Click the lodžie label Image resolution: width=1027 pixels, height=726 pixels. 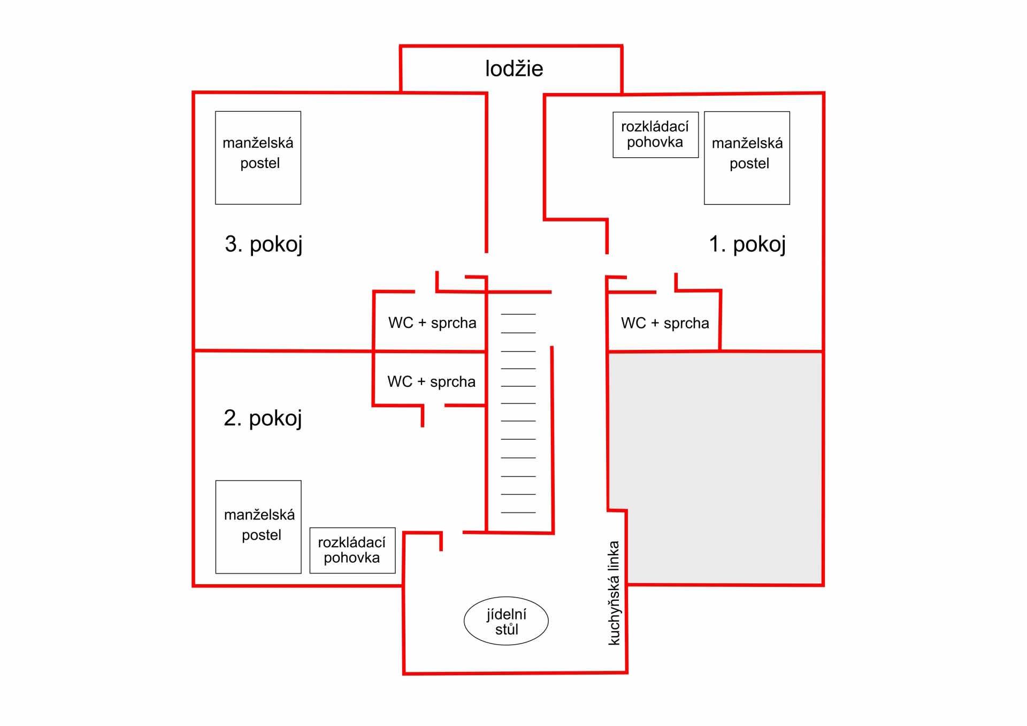(x=514, y=68)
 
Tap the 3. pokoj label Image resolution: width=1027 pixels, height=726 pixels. (x=264, y=244)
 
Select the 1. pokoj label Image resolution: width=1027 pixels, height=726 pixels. (x=747, y=244)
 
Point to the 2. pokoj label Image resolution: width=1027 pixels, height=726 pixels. (x=263, y=418)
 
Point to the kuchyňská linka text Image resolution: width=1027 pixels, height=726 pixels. (x=614, y=593)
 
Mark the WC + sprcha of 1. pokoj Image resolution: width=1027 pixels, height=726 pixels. (x=665, y=323)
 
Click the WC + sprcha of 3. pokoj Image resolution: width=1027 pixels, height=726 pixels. (x=432, y=323)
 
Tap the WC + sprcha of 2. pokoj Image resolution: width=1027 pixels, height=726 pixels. (x=431, y=381)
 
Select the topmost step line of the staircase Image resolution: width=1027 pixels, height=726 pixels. (x=518, y=314)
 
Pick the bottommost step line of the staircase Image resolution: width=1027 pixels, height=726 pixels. (x=518, y=513)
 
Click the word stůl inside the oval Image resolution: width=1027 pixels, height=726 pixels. (x=507, y=629)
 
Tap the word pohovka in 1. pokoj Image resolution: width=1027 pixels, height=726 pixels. (x=655, y=142)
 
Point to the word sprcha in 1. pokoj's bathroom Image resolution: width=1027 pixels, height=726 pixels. (x=686, y=324)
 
